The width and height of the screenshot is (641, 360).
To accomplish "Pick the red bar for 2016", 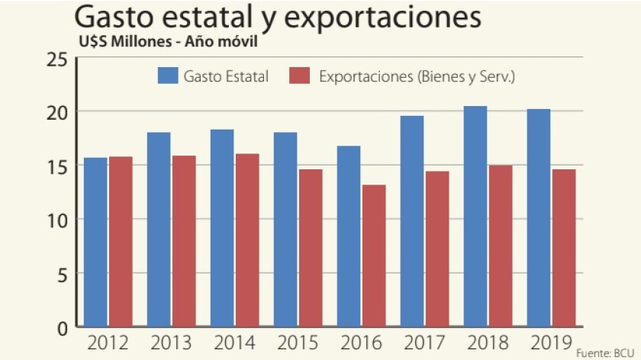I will point(374,256).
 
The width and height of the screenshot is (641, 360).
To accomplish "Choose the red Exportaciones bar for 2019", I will point(564,248).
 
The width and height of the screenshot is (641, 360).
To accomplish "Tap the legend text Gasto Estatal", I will point(226,76).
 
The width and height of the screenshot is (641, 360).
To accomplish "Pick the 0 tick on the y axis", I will point(63,327).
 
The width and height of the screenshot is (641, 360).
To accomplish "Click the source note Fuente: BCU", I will point(605,353).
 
